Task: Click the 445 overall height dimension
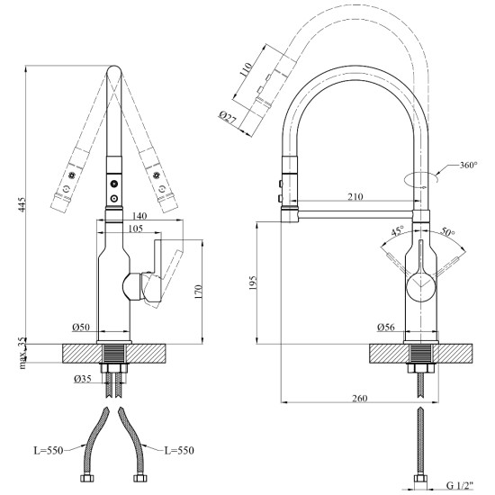click(22, 204)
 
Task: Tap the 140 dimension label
click(139, 216)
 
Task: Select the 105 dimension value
click(136, 229)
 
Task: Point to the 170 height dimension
click(198, 292)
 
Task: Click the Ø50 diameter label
click(81, 328)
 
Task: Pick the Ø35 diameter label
click(83, 379)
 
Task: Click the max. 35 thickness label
click(22, 353)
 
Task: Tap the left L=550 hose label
click(49, 451)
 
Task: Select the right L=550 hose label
click(179, 451)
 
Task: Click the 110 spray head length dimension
click(246, 70)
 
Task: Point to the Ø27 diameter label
click(228, 117)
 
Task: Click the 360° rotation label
click(469, 165)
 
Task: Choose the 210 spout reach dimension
click(355, 197)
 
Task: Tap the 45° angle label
click(398, 230)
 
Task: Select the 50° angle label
click(447, 232)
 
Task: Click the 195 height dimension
click(253, 283)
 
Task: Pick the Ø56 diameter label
click(386, 327)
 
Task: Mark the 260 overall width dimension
click(360, 399)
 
